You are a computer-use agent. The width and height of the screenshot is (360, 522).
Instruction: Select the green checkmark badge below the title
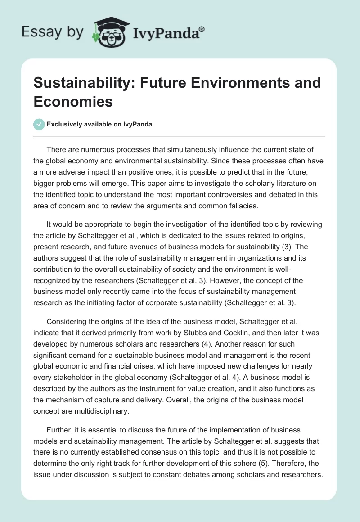click(39, 124)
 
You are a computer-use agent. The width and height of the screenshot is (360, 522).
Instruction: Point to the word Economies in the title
click(73, 102)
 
